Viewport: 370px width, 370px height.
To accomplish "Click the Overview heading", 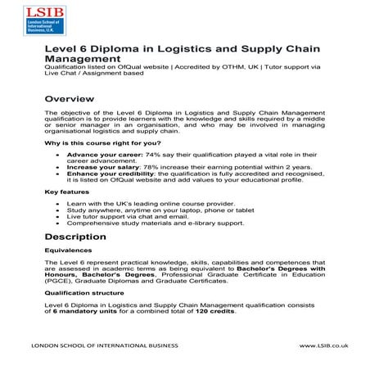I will click(70, 98).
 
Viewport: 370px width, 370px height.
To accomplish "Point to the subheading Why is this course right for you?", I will click(93, 142).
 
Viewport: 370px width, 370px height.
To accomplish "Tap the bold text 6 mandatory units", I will click(81, 312).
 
